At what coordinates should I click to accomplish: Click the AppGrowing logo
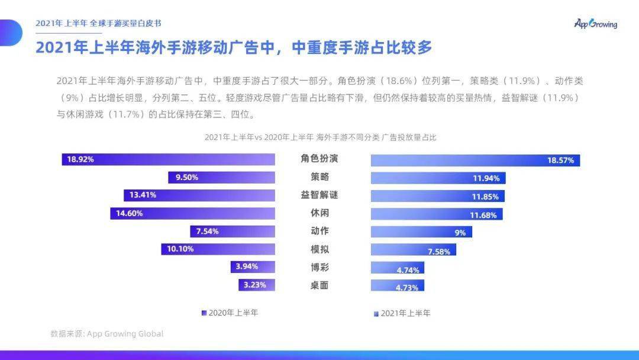[x=595, y=24]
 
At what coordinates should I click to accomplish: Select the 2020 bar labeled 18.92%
[x=169, y=159]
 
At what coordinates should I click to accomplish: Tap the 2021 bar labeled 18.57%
[x=475, y=160]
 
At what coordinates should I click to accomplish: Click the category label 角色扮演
[x=319, y=159]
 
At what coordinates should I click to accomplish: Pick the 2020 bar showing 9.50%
[x=221, y=177]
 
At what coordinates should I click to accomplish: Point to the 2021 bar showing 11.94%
[x=438, y=178]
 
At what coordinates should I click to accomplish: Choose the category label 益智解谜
[x=319, y=195]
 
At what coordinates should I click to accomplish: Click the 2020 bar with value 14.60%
[x=192, y=213]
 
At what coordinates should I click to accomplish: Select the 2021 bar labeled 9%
[x=421, y=232]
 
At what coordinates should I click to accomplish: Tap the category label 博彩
[x=319, y=267]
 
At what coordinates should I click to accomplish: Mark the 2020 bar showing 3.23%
[x=257, y=285]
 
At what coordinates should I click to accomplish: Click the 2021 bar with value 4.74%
[x=397, y=269]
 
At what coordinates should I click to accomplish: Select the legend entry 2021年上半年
[x=402, y=313]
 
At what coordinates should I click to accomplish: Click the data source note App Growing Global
[x=107, y=334]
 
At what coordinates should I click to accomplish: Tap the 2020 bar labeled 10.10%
[x=218, y=249]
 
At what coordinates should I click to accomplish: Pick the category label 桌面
[x=319, y=285]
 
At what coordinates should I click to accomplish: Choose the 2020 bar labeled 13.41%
[x=199, y=195]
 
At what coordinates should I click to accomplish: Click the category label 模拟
[x=319, y=249]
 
